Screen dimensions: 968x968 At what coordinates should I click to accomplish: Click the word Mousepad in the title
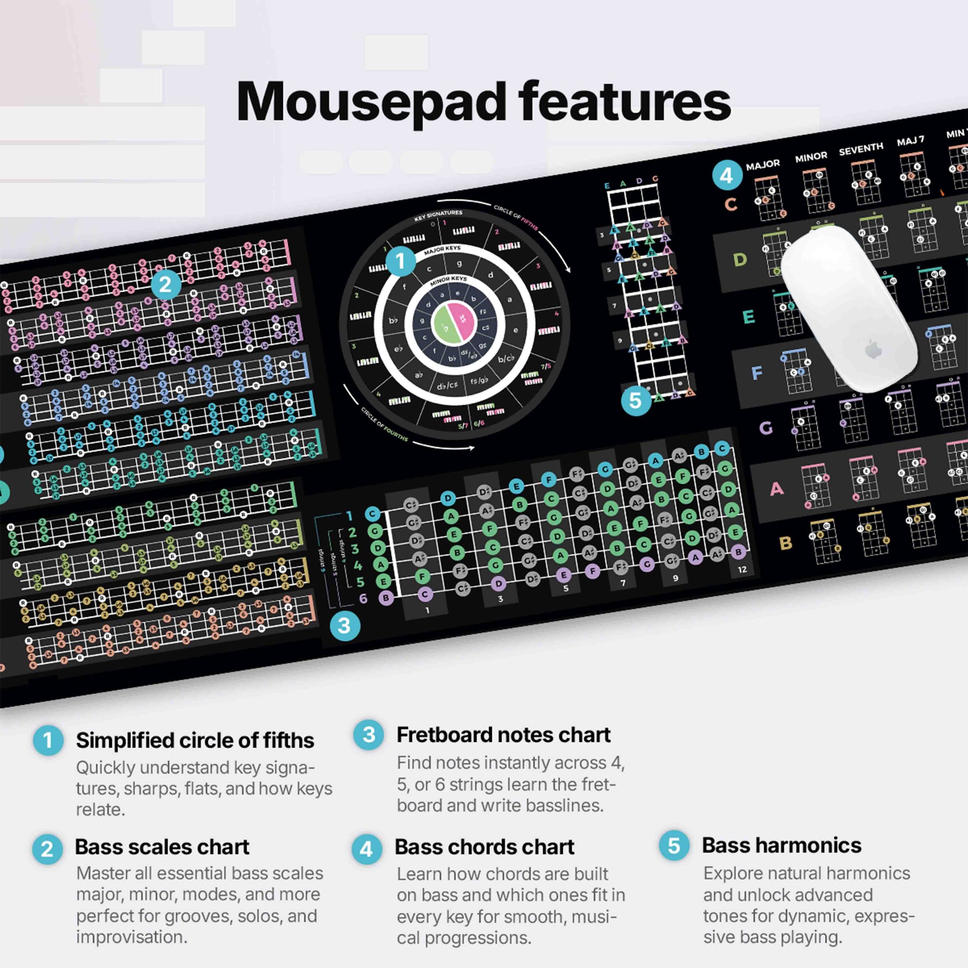click(x=371, y=102)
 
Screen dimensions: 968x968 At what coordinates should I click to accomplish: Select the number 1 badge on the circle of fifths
click(x=400, y=261)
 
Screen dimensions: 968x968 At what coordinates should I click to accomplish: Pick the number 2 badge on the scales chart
click(x=165, y=285)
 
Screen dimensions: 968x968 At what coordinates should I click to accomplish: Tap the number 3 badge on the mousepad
click(x=345, y=625)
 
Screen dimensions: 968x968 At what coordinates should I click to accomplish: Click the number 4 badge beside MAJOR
click(x=727, y=175)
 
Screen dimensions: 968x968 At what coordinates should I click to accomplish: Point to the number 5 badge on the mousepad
click(x=636, y=400)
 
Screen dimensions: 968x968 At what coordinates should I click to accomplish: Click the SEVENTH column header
click(x=861, y=149)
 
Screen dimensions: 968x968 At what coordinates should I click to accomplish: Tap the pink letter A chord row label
click(x=776, y=488)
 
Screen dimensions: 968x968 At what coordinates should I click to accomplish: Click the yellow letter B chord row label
click(x=785, y=543)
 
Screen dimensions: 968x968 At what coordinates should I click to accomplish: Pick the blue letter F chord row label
click(x=757, y=372)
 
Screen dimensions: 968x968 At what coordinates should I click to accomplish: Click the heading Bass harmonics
click(x=781, y=845)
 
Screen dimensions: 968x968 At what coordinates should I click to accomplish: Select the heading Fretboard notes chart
click(x=503, y=735)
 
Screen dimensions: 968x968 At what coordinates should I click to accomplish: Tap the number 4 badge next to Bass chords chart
click(x=366, y=849)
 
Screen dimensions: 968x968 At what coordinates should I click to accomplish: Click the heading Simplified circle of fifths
click(x=195, y=741)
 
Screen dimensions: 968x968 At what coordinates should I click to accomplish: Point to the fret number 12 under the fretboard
click(x=742, y=569)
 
